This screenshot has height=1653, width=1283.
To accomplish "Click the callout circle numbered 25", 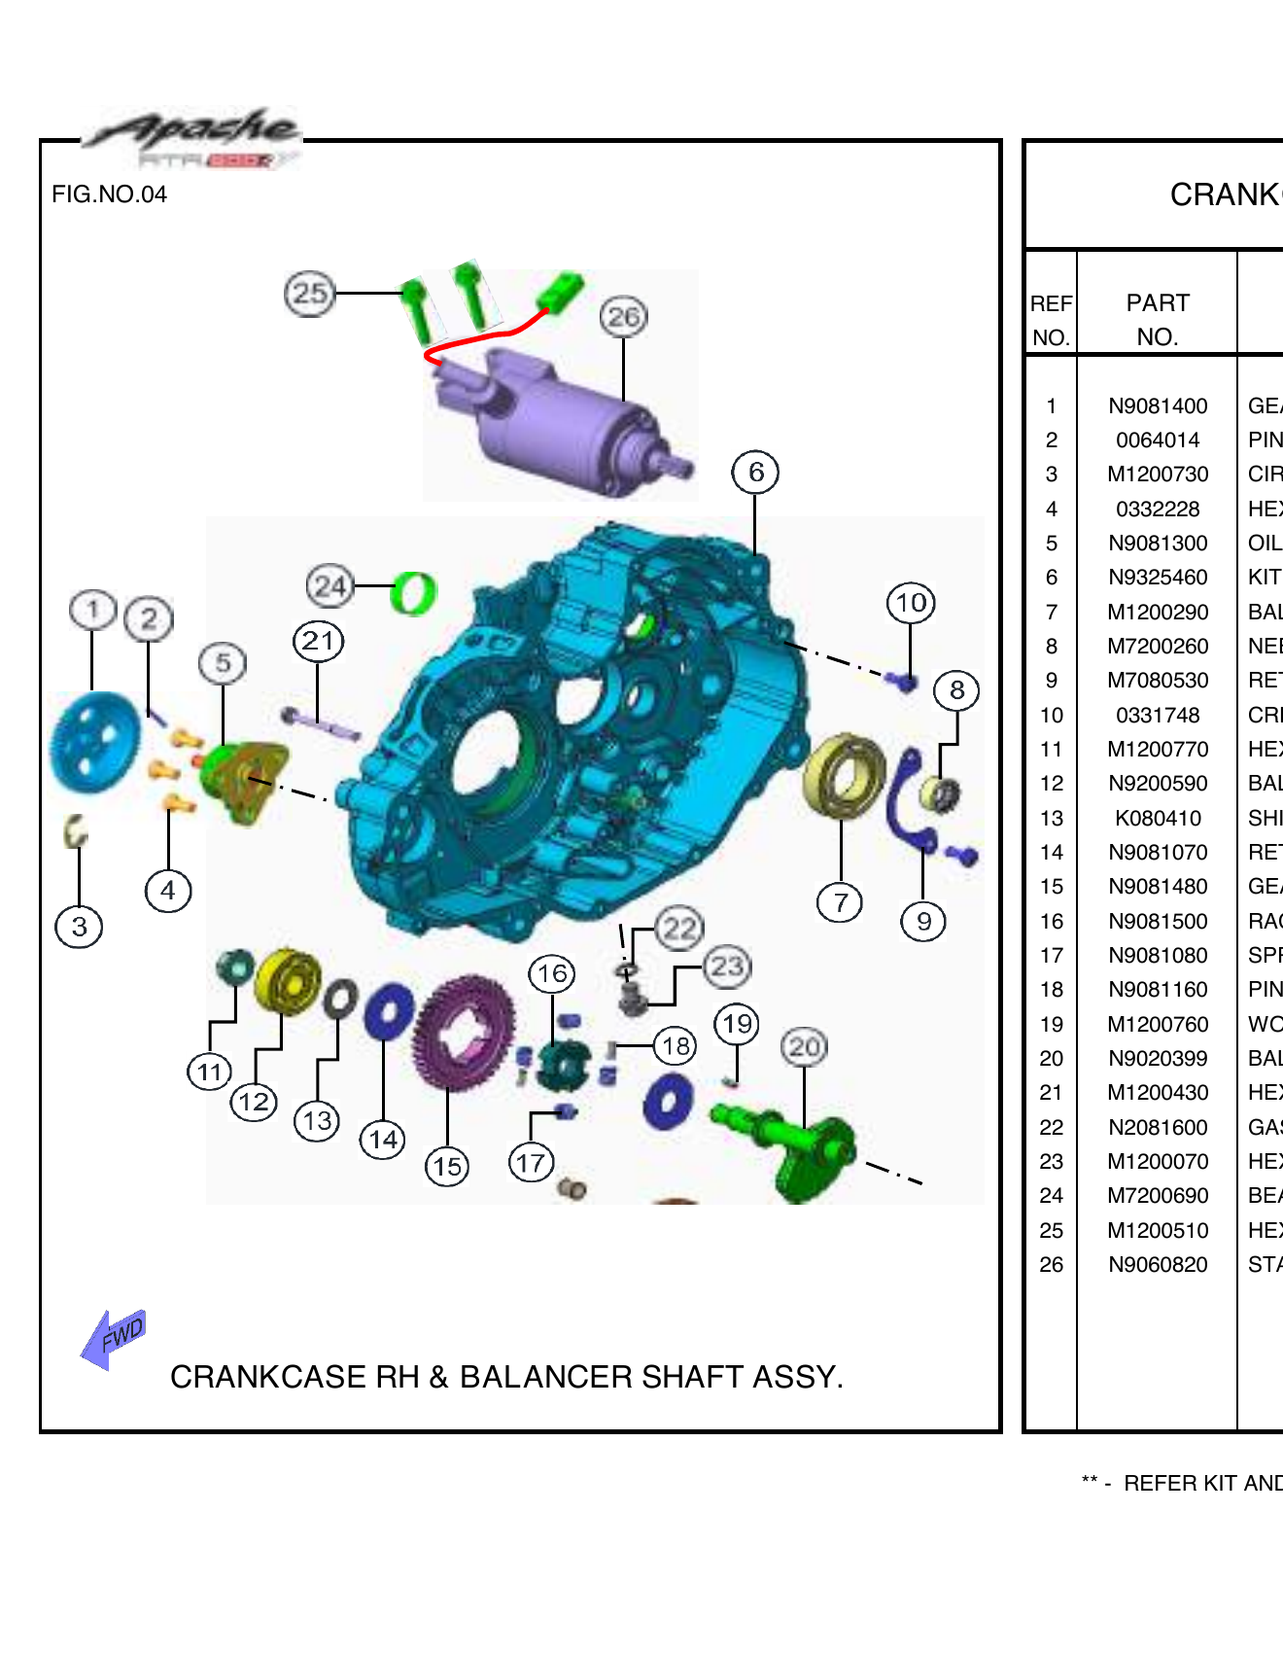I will coord(309,293).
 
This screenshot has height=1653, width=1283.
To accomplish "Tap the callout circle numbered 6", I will coord(755,473).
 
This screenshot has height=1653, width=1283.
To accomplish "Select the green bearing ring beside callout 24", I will coord(413,593).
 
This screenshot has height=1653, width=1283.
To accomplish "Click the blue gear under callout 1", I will coord(94,741).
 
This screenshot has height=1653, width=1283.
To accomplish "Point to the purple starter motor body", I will coord(554,423).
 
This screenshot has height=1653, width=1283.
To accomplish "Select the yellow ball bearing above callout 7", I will coord(844,775).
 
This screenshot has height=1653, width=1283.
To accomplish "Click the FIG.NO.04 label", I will coord(109,194).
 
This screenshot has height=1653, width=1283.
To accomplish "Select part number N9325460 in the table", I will coord(1157,578).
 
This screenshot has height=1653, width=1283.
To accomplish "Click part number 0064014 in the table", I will coord(1157,440).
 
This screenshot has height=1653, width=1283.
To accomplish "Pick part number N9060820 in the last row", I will coord(1157,1265).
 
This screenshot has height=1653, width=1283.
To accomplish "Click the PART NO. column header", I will coord(1157,320).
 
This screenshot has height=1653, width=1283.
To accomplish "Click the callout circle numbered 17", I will coord(531,1162).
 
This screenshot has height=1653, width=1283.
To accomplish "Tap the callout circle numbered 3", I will coord(79,927).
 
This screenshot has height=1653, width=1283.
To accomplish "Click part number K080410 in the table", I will coord(1157,819).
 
